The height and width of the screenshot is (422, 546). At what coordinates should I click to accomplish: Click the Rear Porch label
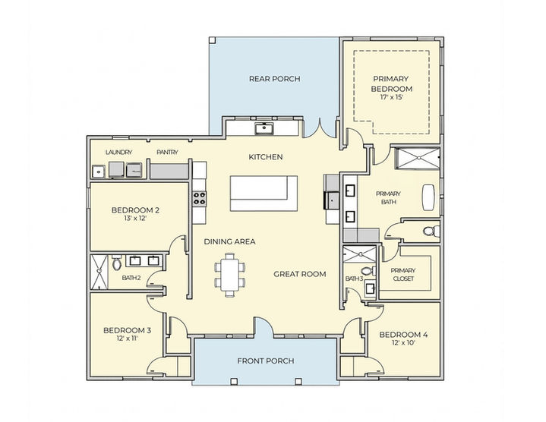point(274,79)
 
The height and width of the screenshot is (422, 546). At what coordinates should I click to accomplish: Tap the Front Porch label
point(266,361)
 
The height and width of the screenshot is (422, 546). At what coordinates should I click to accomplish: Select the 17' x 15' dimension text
point(392,97)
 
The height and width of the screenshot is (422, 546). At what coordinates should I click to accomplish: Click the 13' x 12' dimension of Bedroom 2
point(135,219)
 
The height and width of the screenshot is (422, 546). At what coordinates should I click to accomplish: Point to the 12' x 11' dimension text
point(127,339)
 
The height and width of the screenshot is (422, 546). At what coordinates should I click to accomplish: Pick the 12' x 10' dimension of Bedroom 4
point(403,343)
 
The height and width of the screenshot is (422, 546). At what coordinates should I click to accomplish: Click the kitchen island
point(264,193)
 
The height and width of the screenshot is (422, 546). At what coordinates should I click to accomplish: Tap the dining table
point(229,276)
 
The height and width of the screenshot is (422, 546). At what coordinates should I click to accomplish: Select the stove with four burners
point(199,198)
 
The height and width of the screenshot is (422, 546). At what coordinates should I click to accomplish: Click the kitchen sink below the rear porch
point(265,128)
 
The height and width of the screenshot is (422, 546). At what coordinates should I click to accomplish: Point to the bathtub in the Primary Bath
point(428,197)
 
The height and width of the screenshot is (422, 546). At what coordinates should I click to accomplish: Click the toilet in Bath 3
point(368,271)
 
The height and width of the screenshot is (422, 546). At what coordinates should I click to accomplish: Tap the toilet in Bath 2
point(117,263)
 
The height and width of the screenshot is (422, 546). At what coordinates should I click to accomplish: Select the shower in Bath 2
point(99,272)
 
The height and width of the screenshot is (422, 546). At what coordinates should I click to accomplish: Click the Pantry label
point(167,152)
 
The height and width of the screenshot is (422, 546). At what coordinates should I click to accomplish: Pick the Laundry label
point(118,152)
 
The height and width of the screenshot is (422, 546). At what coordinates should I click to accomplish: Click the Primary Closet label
point(403,275)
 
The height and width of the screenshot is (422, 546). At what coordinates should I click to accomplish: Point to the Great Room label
point(300,274)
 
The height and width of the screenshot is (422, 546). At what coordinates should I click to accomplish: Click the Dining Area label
point(229,241)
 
